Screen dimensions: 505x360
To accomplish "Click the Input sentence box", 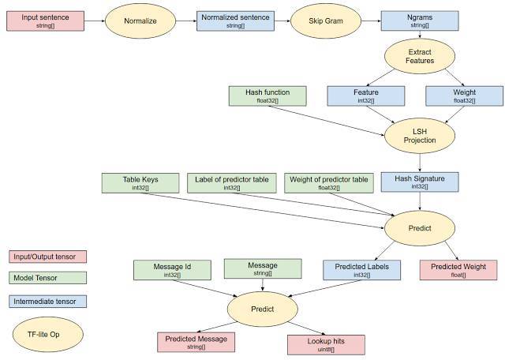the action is click(x=46, y=21).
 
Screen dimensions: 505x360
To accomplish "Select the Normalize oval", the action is click(x=140, y=21).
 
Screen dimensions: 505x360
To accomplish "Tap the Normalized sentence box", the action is click(x=235, y=21).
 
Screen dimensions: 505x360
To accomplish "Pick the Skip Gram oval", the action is click(x=326, y=21).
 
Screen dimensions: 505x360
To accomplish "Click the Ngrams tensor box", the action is click(x=420, y=21).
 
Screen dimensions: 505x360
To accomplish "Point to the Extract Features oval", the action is click(x=420, y=56).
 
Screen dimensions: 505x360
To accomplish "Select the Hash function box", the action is click(x=267, y=96).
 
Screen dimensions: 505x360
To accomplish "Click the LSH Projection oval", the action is click(x=420, y=136).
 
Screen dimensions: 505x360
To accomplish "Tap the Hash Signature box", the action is click(x=420, y=182).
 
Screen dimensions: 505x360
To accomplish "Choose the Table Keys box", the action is click(x=140, y=183).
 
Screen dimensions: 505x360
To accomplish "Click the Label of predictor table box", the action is click(x=232, y=183).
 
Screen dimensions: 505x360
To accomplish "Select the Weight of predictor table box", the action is click(x=329, y=183).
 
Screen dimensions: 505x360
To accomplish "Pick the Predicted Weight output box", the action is click(x=458, y=270).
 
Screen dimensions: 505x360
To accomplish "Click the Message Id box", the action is click(x=172, y=270).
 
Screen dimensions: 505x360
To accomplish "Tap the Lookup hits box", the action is click(x=326, y=345).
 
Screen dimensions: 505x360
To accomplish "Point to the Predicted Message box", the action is click(x=196, y=343).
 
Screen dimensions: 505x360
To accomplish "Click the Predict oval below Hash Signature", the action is click(x=420, y=228).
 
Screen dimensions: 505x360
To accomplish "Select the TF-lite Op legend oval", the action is click(x=48, y=334).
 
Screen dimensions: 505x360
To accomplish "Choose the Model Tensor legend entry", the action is click(x=47, y=278).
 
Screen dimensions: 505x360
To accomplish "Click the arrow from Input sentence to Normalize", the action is click(x=95, y=21).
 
